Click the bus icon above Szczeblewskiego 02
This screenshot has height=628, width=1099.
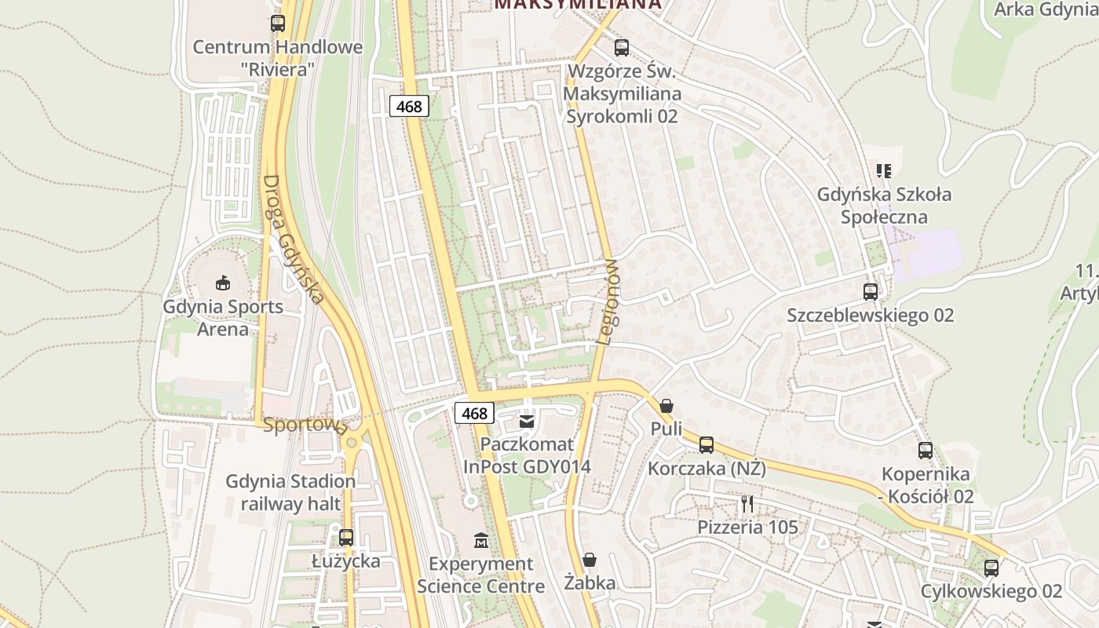tap(870, 292)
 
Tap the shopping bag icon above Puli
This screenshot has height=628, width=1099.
tap(666, 406)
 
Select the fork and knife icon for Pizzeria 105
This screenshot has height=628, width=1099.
tap(747, 503)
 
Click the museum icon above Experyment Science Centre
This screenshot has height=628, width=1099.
tap(481, 540)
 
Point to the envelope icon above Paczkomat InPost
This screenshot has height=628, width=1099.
tap(527, 422)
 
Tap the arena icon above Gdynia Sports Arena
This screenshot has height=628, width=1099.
tap(223, 283)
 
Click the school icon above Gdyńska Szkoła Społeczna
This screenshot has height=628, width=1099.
tap(884, 170)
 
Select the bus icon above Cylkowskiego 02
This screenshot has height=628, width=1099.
tap(991, 568)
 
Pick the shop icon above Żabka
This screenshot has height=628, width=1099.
tap(590, 560)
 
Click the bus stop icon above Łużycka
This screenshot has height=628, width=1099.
tap(345, 538)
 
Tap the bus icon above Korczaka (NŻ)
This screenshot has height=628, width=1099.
tap(706, 445)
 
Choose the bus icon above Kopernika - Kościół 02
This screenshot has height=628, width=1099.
tap(926, 451)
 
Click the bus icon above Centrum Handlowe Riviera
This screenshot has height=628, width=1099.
tap(278, 24)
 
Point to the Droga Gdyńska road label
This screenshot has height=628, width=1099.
tap(293, 239)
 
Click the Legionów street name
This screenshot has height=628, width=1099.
tap(609, 302)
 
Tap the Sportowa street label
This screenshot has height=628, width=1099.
tap(305, 425)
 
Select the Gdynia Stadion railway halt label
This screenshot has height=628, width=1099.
tap(290, 492)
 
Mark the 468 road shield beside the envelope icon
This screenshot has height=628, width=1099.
tap(474, 413)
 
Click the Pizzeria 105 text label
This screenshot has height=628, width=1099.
tap(747, 528)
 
